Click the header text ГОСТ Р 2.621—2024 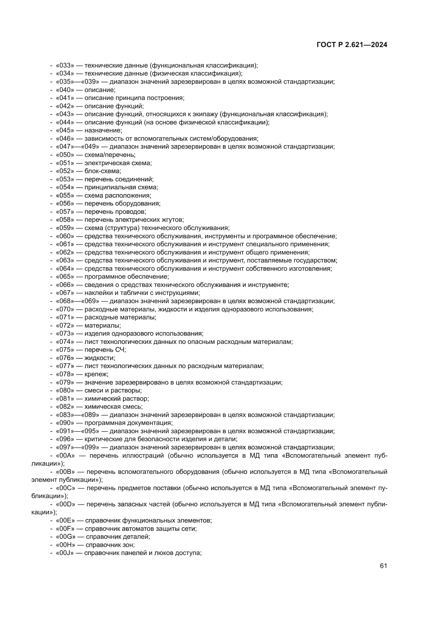point(352,45)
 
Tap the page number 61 point(383,566)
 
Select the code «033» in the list point(65,65)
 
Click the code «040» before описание point(65,90)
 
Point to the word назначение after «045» point(103,130)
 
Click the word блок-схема point(103,171)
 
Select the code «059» point(65,228)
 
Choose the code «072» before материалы point(65,325)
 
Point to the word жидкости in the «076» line point(100,358)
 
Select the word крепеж point(96,374)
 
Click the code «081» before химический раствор point(65,399)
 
